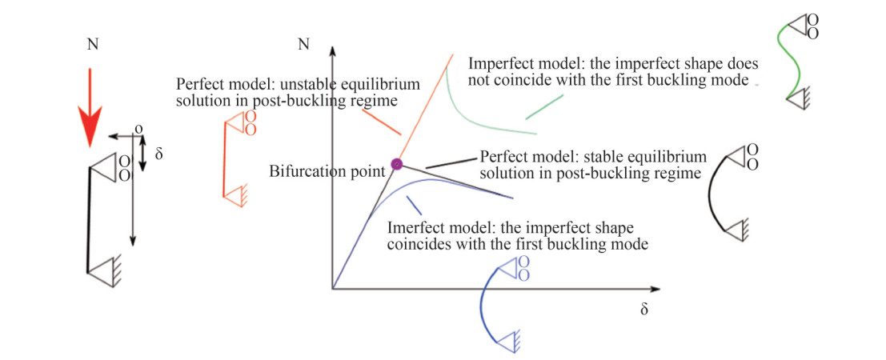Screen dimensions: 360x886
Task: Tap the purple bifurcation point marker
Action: click(395, 165)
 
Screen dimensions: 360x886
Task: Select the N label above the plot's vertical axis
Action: click(303, 44)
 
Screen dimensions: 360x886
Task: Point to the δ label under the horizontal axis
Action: click(643, 309)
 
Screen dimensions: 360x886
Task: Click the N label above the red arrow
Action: click(91, 44)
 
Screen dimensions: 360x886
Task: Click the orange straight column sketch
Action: click(225, 160)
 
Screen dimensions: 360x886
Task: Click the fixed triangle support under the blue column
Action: click(506, 341)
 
